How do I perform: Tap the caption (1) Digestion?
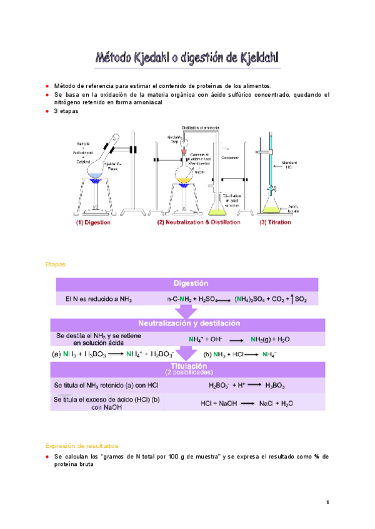tap(94, 221)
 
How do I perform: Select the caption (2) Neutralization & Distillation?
tap(198, 221)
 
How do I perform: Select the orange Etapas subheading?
tap(55, 264)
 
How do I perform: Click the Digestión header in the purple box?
tap(191, 284)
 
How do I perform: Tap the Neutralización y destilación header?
tap(191, 324)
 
